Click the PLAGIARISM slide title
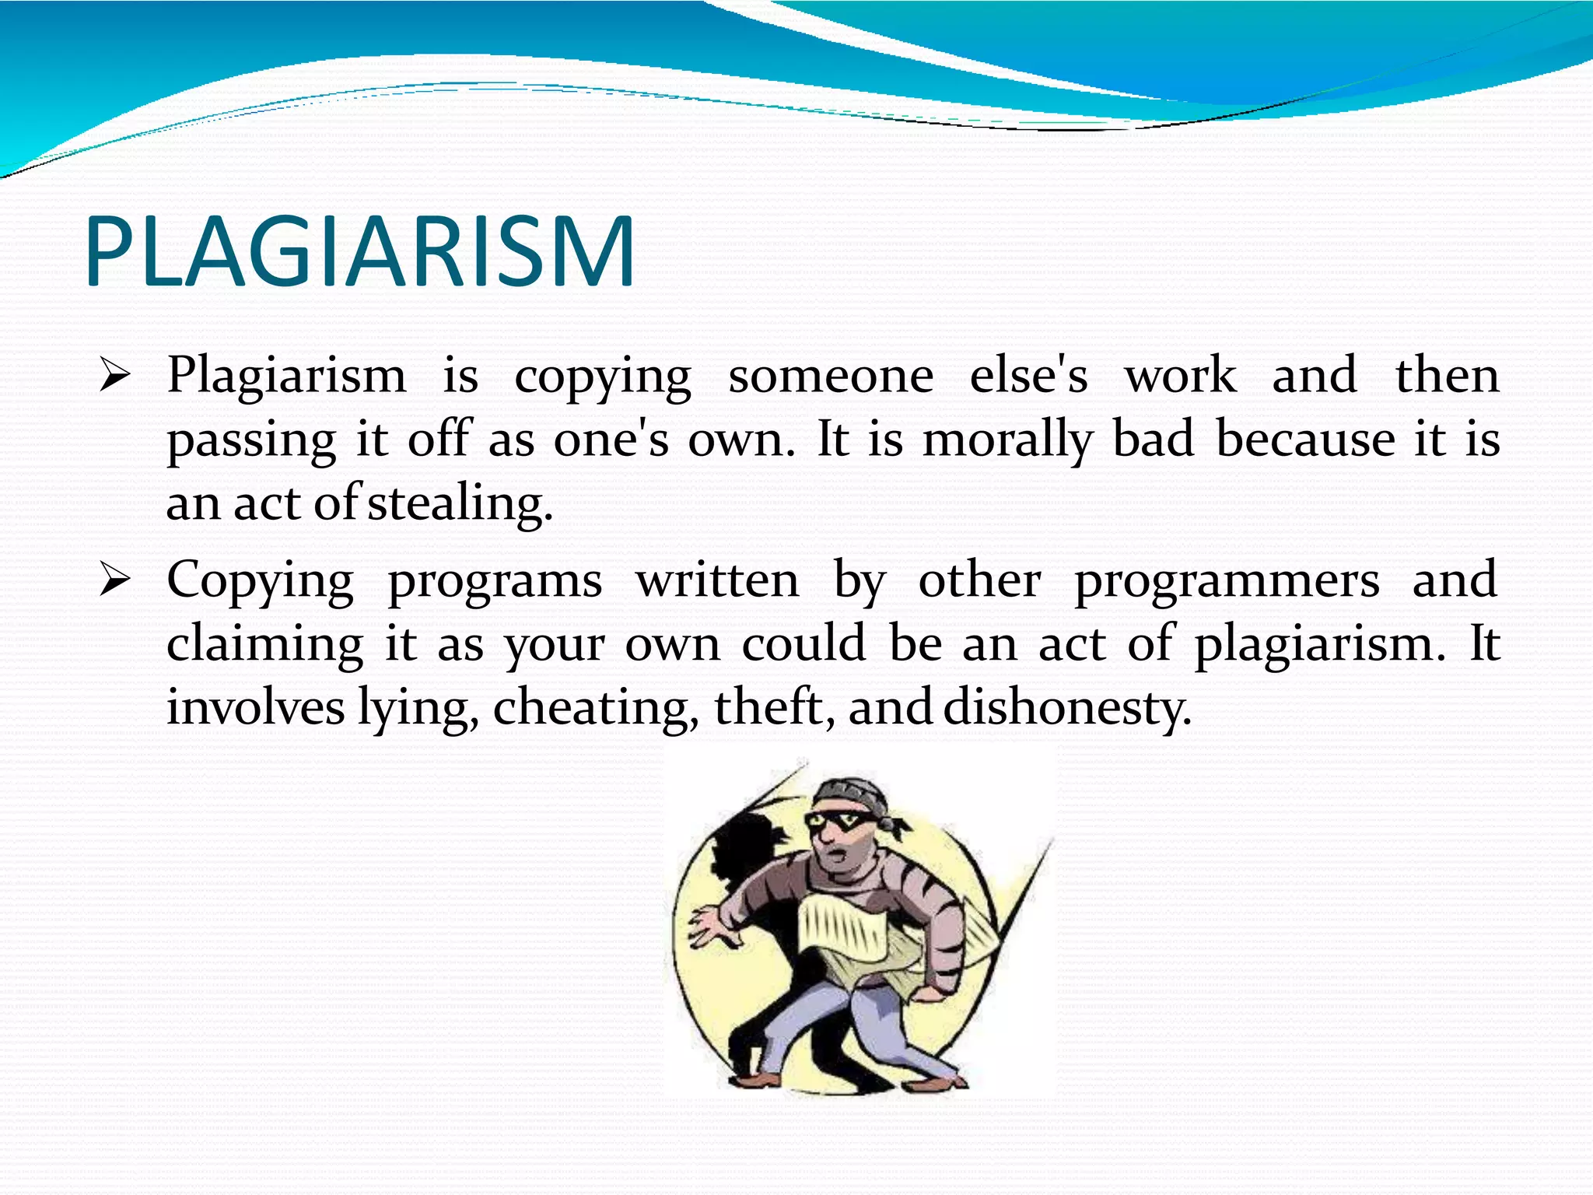click(359, 251)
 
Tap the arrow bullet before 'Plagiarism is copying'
click(114, 377)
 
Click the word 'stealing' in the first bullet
click(460, 504)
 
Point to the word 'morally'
click(1008, 440)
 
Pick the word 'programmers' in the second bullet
click(1227, 582)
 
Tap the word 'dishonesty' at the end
click(1066, 707)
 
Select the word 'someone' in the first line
click(830, 377)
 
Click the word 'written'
click(717, 580)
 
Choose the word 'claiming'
click(264, 646)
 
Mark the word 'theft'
click(773, 707)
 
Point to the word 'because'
click(1304, 440)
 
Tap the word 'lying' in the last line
click(416, 709)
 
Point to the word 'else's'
click(1028, 377)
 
